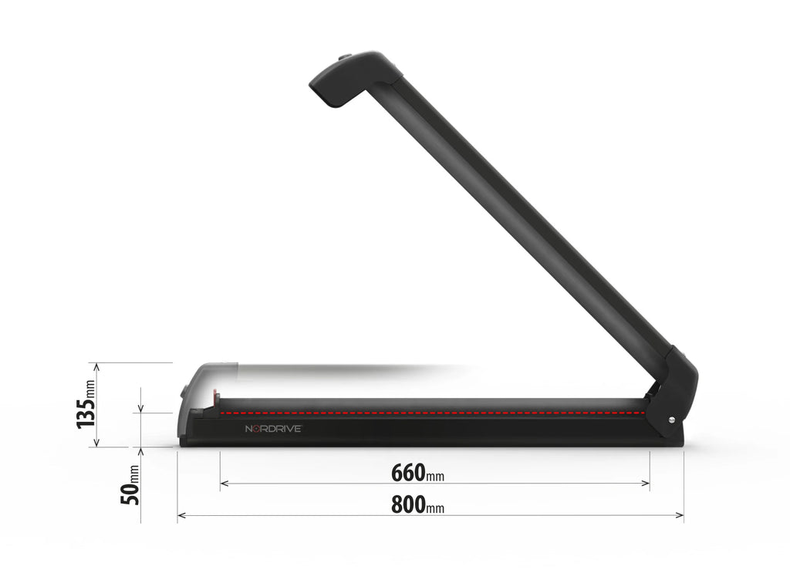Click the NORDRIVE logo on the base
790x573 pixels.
tap(272, 429)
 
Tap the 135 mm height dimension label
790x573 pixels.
tap(87, 406)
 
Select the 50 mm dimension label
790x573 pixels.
tap(132, 485)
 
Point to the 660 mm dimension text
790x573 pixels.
tap(417, 472)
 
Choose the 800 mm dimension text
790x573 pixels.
tap(417, 504)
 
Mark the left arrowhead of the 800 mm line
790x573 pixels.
tap(181, 515)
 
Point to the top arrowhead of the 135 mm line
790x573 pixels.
tap(95, 366)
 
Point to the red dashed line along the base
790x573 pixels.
tap(432, 413)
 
